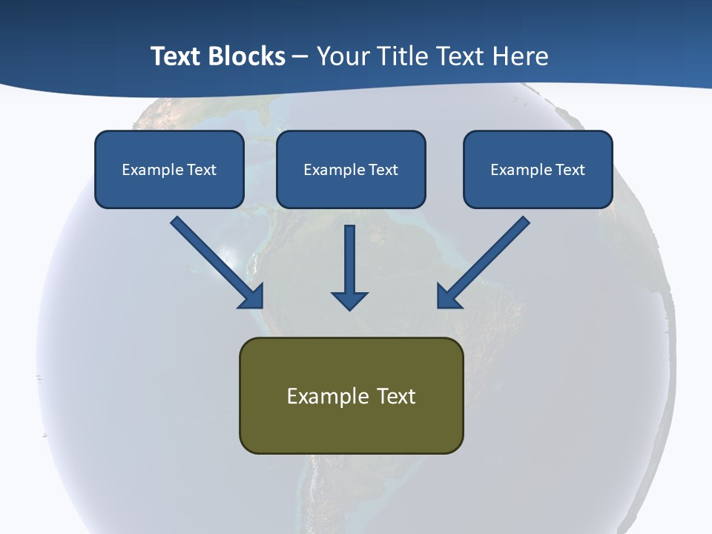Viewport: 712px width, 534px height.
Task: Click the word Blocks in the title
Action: coord(247,56)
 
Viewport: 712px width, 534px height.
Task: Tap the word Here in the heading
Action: coord(521,56)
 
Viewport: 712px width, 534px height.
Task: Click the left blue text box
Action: coord(169,169)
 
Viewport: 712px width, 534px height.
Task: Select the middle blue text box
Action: coord(351,169)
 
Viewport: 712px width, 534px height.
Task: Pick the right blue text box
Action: coord(538,169)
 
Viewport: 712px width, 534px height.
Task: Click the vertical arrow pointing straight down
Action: coord(349,267)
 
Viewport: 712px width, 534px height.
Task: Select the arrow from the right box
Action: coord(486,260)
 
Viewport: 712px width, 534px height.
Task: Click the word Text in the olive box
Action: coord(397,396)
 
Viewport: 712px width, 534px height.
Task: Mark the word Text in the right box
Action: coord(570,170)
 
